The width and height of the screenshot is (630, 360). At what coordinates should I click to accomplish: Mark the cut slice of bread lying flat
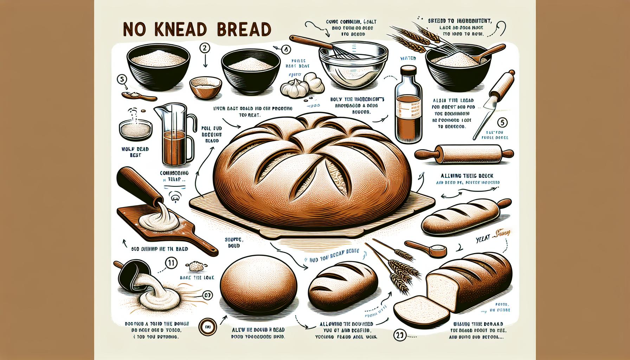pyautogui.click(x=417, y=306)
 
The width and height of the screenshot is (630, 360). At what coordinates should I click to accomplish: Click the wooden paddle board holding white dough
pyautogui.click(x=158, y=225)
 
